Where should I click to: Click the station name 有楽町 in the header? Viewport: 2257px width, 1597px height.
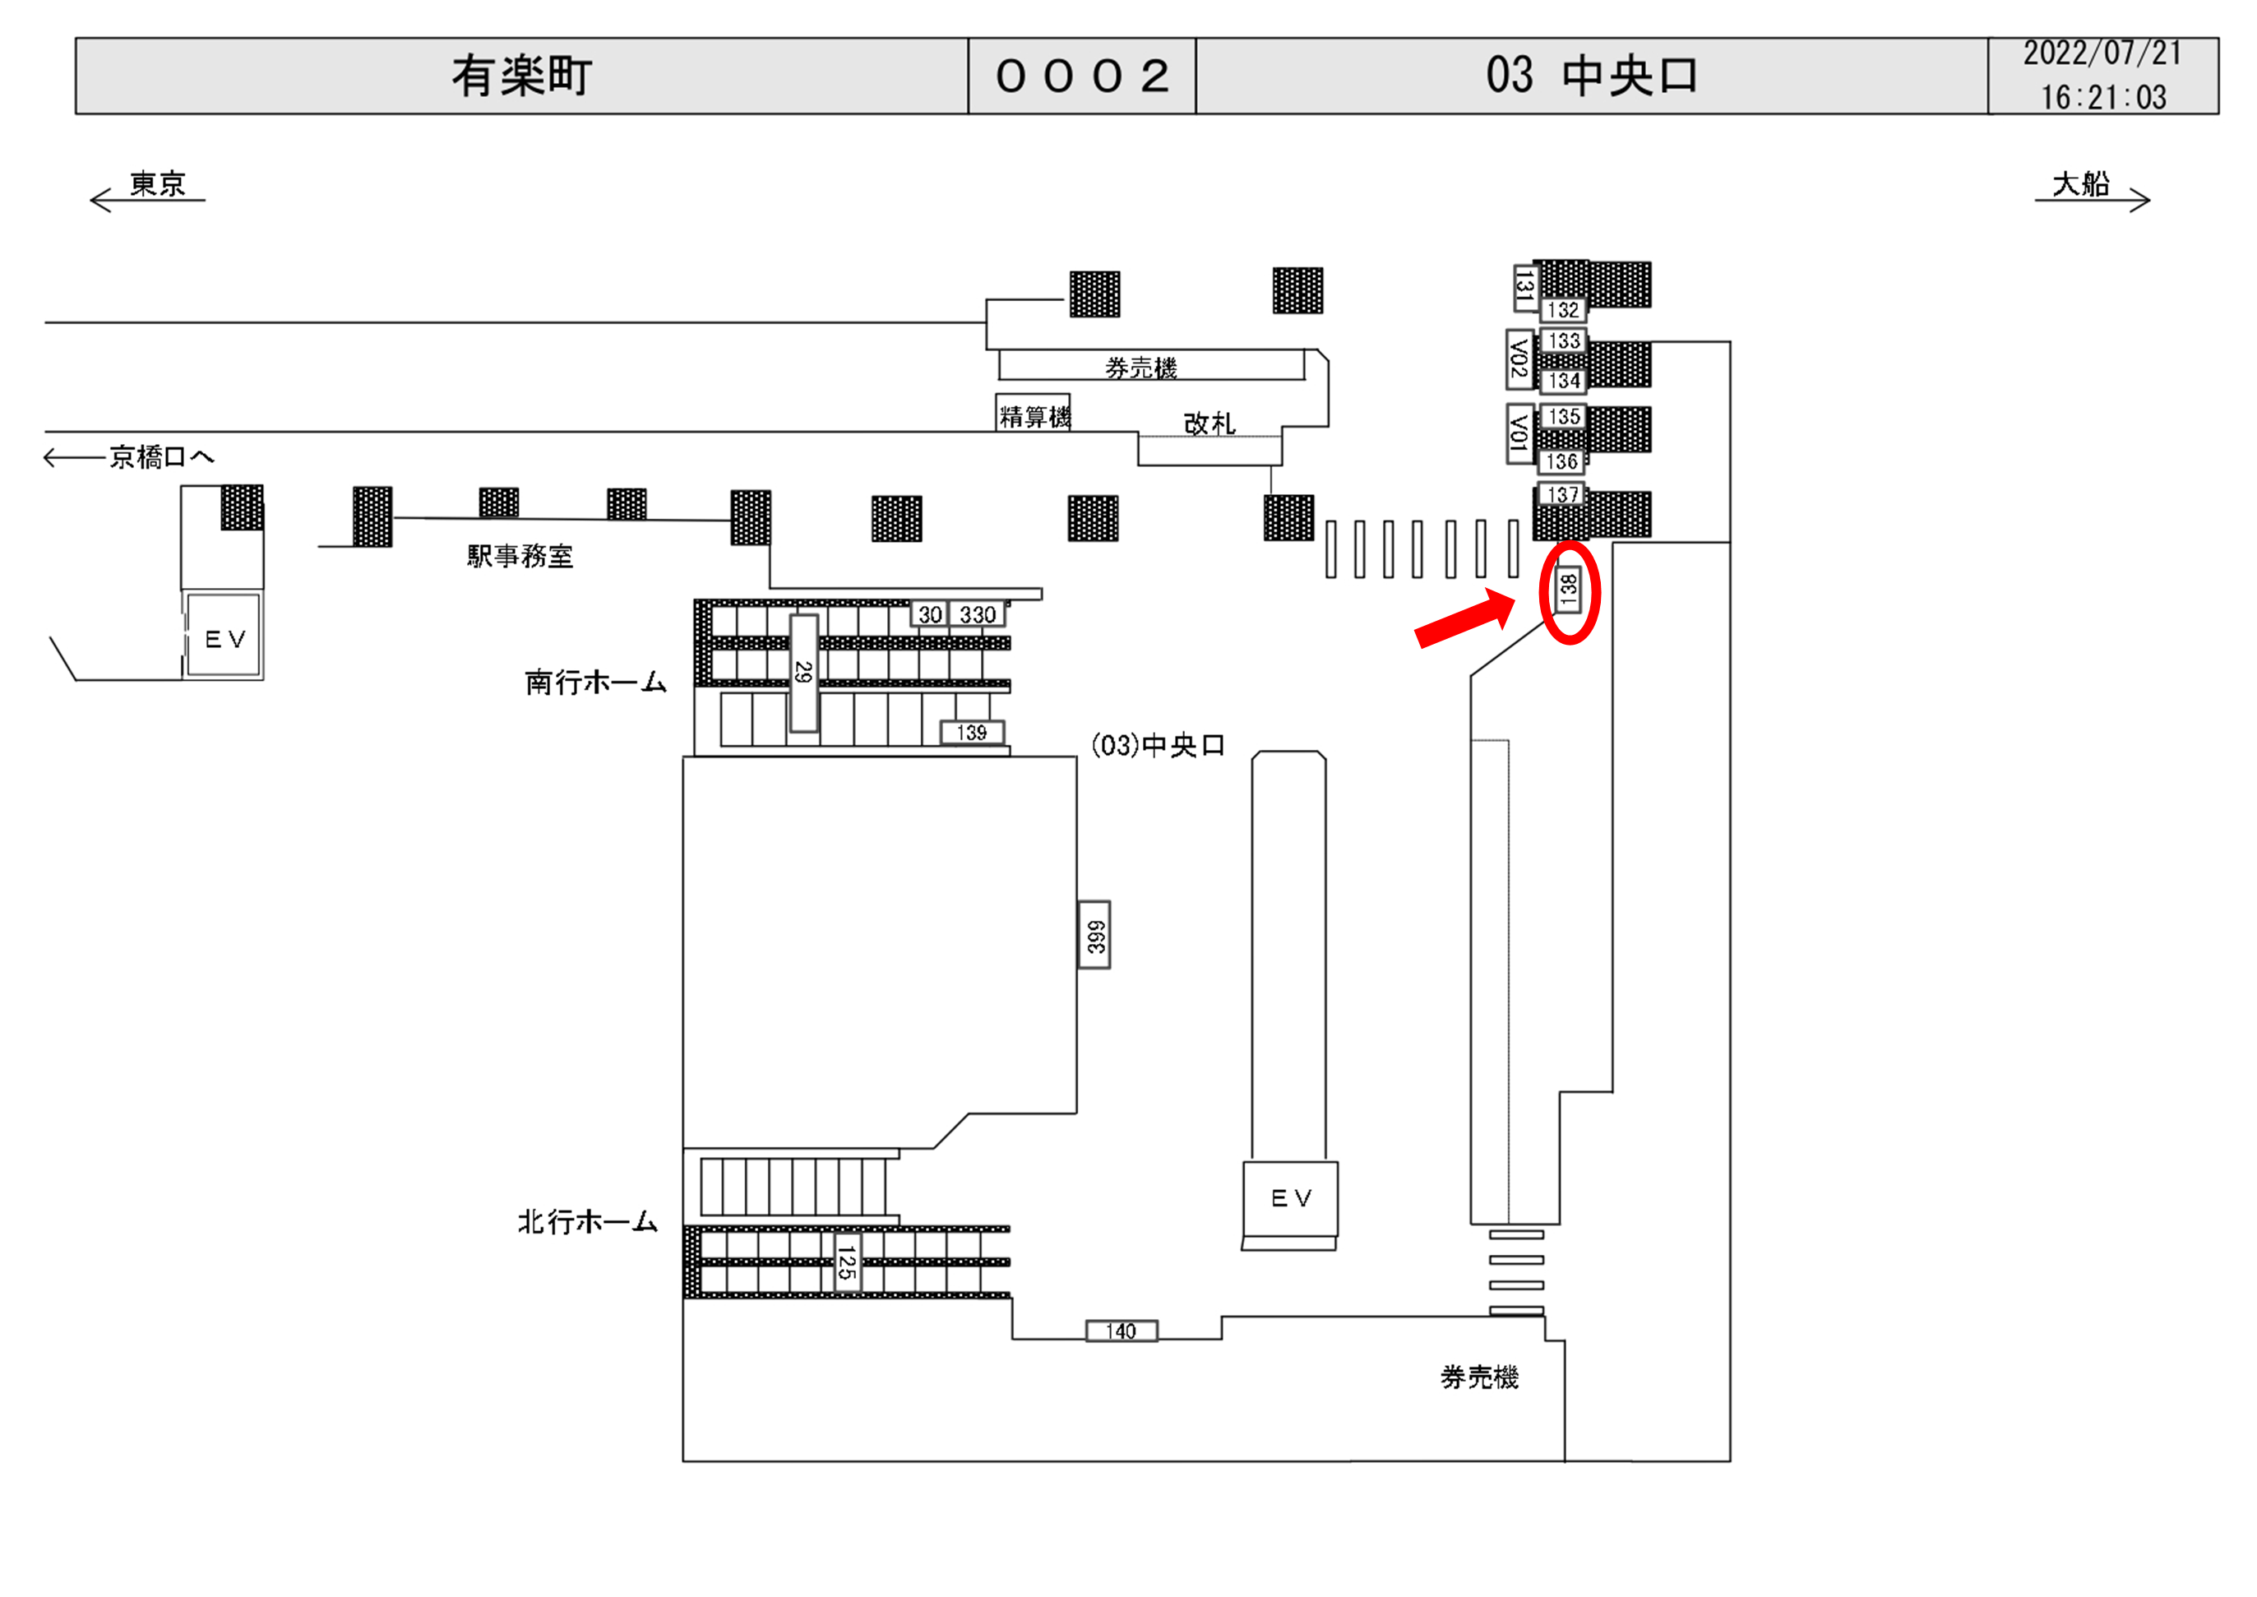pos(521,76)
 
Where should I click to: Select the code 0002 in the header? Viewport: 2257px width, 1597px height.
pos(1082,76)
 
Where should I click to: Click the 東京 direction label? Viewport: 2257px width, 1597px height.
pos(157,184)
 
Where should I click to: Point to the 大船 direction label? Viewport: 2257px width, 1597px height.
pos(2080,184)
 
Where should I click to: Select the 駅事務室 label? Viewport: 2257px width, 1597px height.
pos(519,557)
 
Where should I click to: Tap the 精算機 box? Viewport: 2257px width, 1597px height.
pos(1034,416)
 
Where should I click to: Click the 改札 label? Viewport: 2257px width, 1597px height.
pos(1208,424)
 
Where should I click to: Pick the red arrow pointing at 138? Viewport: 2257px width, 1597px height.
pos(1464,618)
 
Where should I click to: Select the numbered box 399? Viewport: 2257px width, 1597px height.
pos(1094,935)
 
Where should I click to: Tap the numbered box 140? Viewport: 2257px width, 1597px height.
pos(1121,1331)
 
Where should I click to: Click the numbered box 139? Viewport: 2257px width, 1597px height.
pos(971,733)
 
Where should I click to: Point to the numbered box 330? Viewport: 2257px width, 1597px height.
pos(977,614)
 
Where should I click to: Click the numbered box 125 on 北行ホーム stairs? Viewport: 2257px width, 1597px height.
pos(845,1262)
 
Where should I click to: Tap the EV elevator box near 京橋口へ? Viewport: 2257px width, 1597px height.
pos(224,638)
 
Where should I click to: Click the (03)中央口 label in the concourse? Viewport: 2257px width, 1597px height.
pos(1158,745)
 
